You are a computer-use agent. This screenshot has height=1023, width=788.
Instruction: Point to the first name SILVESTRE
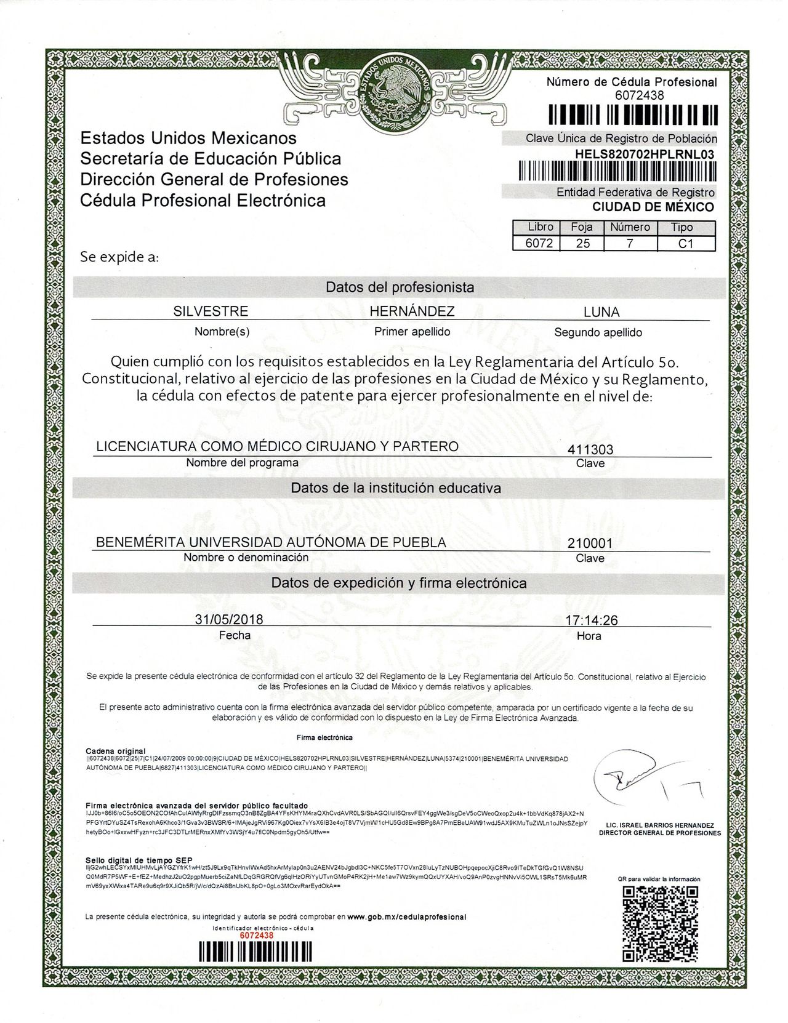tap(211, 311)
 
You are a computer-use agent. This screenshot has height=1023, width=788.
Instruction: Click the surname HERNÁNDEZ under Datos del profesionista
tap(412, 311)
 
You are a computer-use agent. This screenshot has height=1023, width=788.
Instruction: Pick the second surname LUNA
tap(601, 312)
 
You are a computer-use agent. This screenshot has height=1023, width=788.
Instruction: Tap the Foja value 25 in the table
tap(582, 243)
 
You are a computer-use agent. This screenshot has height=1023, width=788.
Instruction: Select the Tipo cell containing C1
tap(685, 243)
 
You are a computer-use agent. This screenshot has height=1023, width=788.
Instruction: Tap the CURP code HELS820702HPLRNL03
tap(645, 154)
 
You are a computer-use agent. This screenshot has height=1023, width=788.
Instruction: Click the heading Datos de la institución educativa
tap(396, 488)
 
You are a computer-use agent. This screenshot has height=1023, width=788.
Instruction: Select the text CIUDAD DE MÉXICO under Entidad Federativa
tap(653, 207)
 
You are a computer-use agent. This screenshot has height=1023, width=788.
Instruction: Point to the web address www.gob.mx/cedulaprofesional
tap(406, 917)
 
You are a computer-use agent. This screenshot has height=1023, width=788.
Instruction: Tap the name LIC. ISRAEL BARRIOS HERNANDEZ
tap(659, 825)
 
